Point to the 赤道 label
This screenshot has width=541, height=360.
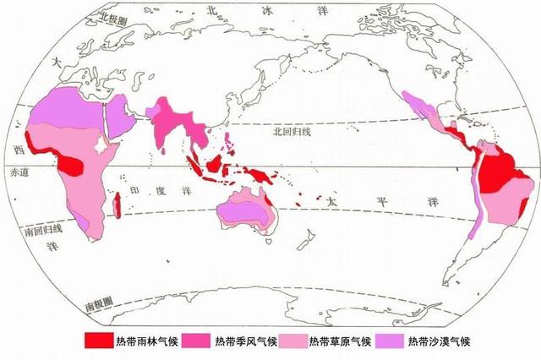click(18, 172)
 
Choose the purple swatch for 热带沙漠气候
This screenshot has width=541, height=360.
click(389, 342)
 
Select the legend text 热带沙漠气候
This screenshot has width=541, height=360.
click(438, 342)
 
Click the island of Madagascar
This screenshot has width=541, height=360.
click(118, 203)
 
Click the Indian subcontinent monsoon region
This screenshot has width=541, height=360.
click(174, 123)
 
